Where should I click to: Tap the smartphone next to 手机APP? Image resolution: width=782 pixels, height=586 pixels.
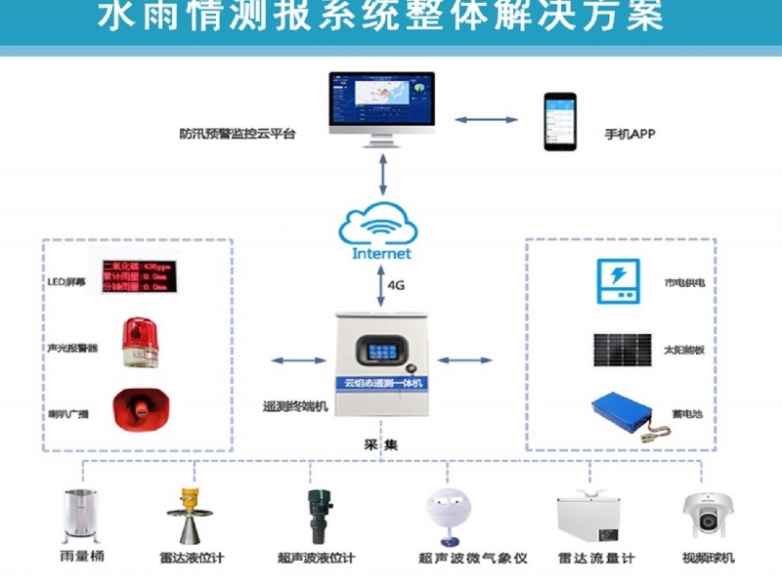[x=560, y=121]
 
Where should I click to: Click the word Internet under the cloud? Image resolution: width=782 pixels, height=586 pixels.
[x=381, y=253]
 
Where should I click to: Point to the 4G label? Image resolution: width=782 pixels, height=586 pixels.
[x=396, y=285]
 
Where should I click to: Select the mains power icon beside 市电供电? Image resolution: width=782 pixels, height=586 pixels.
[x=618, y=282]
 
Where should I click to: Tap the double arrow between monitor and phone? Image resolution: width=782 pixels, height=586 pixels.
[x=486, y=118]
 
